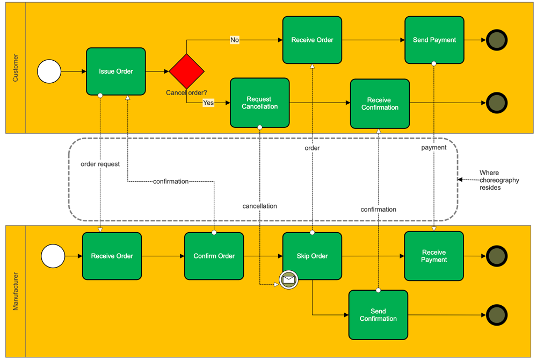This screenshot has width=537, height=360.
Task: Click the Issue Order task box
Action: (x=116, y=71)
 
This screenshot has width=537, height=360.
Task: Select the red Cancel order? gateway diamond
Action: (x=187, y=71)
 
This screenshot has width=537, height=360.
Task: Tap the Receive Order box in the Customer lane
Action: (x=312, y=40)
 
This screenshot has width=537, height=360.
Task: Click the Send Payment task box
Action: (x=434, y=40)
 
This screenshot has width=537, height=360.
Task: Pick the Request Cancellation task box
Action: (x=259, y=103)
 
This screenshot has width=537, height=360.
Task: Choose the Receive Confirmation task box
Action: (x=380, y=104)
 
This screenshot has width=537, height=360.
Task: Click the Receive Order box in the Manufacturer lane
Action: (x=112, y=256)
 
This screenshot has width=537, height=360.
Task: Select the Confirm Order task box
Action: (x=214, y=256)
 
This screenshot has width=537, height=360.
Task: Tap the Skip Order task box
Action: (x=312, y=256)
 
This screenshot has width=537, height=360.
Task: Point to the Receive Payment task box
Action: (x=434, y=256)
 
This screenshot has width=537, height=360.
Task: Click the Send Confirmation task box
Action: (x=378, y=315)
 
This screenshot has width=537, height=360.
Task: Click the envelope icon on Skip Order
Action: (x=289, y=280)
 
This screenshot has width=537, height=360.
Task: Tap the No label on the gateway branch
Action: (x=235, y=40)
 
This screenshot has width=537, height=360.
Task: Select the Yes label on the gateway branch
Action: (x=208, y=103)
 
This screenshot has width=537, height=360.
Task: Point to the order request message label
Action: (x=100, y=164)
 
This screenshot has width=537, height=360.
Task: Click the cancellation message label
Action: (x=260, y=206)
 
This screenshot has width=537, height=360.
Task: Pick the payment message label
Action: (x=434, y=147)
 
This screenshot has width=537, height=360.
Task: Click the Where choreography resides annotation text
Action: (x=499, y=180)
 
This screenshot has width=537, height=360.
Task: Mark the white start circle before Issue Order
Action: (x=49, y=71)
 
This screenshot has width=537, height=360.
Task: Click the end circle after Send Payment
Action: (x=497, y=40)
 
